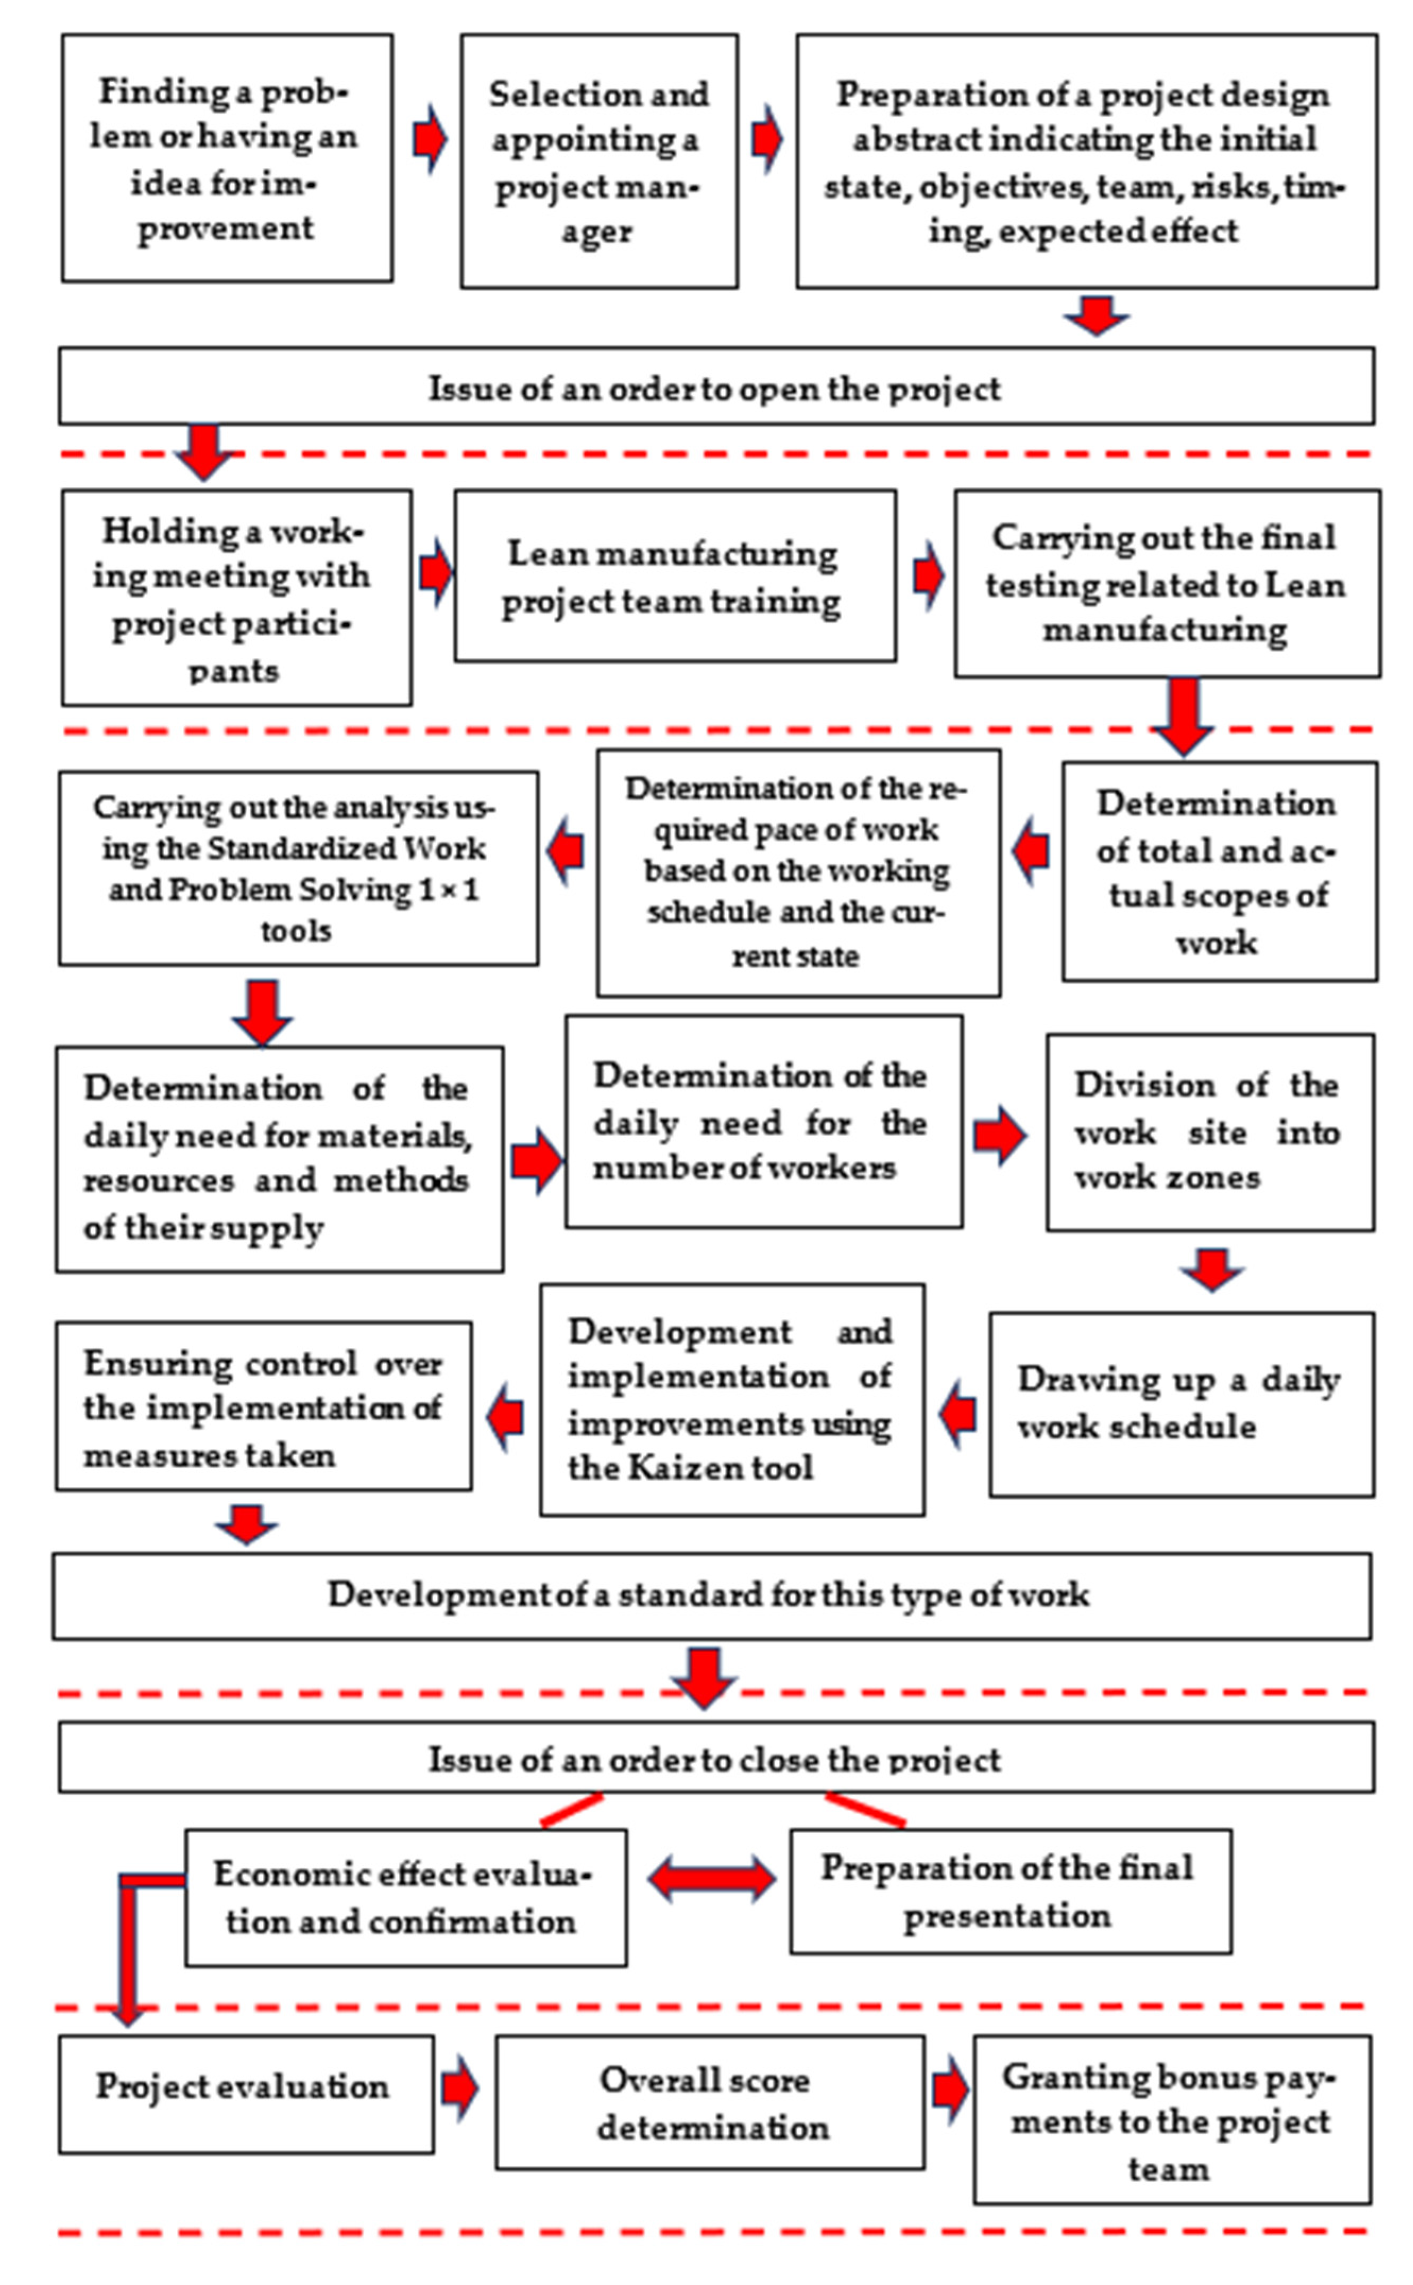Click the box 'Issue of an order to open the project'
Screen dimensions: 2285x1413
(716, 386)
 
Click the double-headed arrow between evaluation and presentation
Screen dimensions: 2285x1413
(711, 1879)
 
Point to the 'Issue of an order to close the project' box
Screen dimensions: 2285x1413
(716, 1758)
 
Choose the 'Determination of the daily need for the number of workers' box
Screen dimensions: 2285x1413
(763, 1121)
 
